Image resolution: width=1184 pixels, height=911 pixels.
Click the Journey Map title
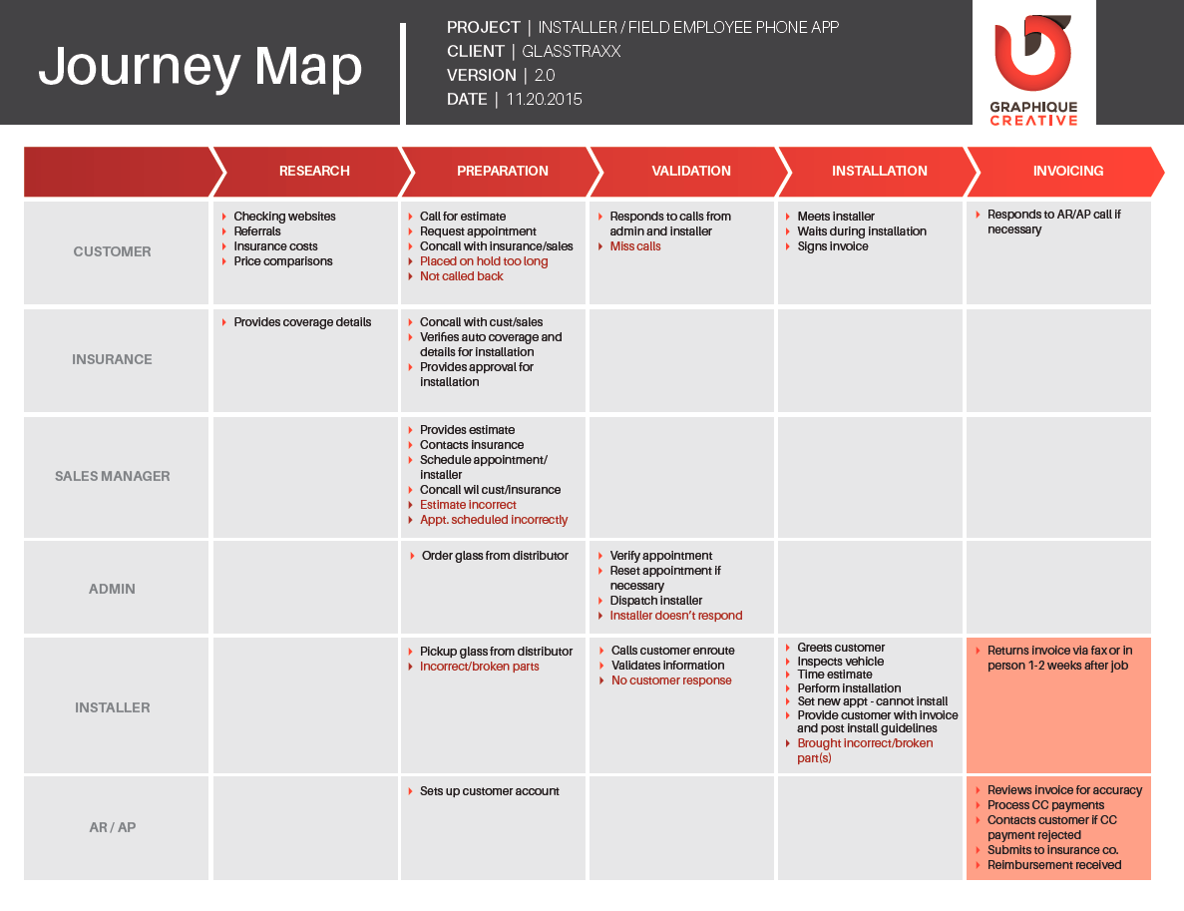pos(200,67)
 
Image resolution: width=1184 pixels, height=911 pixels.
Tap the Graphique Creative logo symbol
pos(1033,53)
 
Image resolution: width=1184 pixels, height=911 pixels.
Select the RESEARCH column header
pos(314,171)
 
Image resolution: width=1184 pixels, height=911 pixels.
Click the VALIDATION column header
pos(691,171)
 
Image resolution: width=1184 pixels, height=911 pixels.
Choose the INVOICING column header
pos(1067,171)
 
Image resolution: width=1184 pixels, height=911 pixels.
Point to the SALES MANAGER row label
pos(113,476)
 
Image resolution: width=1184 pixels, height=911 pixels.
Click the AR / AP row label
pos(113,827)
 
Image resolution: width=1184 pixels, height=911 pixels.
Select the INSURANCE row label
pos(112,359)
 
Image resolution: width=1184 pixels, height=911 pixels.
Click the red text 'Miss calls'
pos(635,246)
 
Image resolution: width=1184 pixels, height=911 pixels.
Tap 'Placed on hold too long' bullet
pos(483,261)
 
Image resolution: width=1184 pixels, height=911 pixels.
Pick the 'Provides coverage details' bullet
pos(302,322)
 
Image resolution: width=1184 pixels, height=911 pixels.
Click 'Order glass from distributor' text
pos(495,555)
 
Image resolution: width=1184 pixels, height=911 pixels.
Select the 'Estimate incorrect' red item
pos(468,505)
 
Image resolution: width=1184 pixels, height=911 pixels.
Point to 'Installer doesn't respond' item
pos(676,616)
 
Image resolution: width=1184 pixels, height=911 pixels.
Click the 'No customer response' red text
pos(671,681)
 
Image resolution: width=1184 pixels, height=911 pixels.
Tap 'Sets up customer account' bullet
pos(490,791)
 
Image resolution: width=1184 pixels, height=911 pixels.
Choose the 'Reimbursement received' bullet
pos(1054,865)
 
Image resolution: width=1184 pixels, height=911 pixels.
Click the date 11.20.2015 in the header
pos(544,99)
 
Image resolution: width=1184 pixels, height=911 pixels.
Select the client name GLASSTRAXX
pos(571,51)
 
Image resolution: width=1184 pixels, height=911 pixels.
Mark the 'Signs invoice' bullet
pos(832,246)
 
